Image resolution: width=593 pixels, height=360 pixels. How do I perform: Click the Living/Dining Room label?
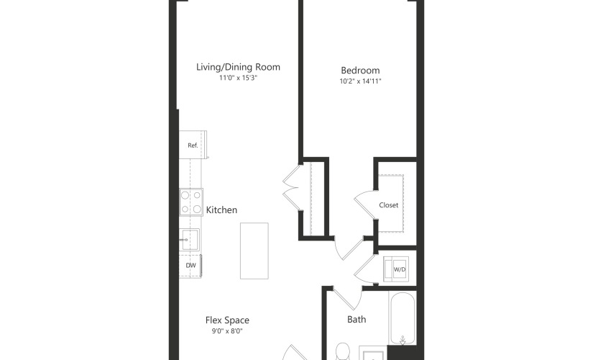238,67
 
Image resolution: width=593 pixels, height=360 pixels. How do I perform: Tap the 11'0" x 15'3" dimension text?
238,78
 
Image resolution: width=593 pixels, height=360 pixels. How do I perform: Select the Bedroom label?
360,71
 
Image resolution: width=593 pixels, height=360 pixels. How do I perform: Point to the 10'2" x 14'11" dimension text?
360,81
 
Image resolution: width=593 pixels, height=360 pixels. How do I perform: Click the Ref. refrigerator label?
193,145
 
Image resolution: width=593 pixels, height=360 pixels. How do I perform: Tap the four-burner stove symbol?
191,202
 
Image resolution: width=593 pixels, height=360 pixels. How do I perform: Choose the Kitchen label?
221,210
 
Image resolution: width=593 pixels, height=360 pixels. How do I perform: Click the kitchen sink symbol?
189,240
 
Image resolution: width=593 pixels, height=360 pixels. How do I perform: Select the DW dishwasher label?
191,265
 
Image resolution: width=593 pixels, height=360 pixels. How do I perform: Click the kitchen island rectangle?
254,251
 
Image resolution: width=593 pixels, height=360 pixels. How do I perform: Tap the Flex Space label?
227,320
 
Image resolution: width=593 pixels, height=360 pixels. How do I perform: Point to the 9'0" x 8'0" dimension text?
227,331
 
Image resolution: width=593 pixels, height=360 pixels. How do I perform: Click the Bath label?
357,320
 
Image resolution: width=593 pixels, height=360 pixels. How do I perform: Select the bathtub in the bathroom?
403,318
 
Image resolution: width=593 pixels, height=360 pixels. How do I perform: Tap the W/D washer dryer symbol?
396,269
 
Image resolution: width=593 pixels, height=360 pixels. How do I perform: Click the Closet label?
389,205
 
